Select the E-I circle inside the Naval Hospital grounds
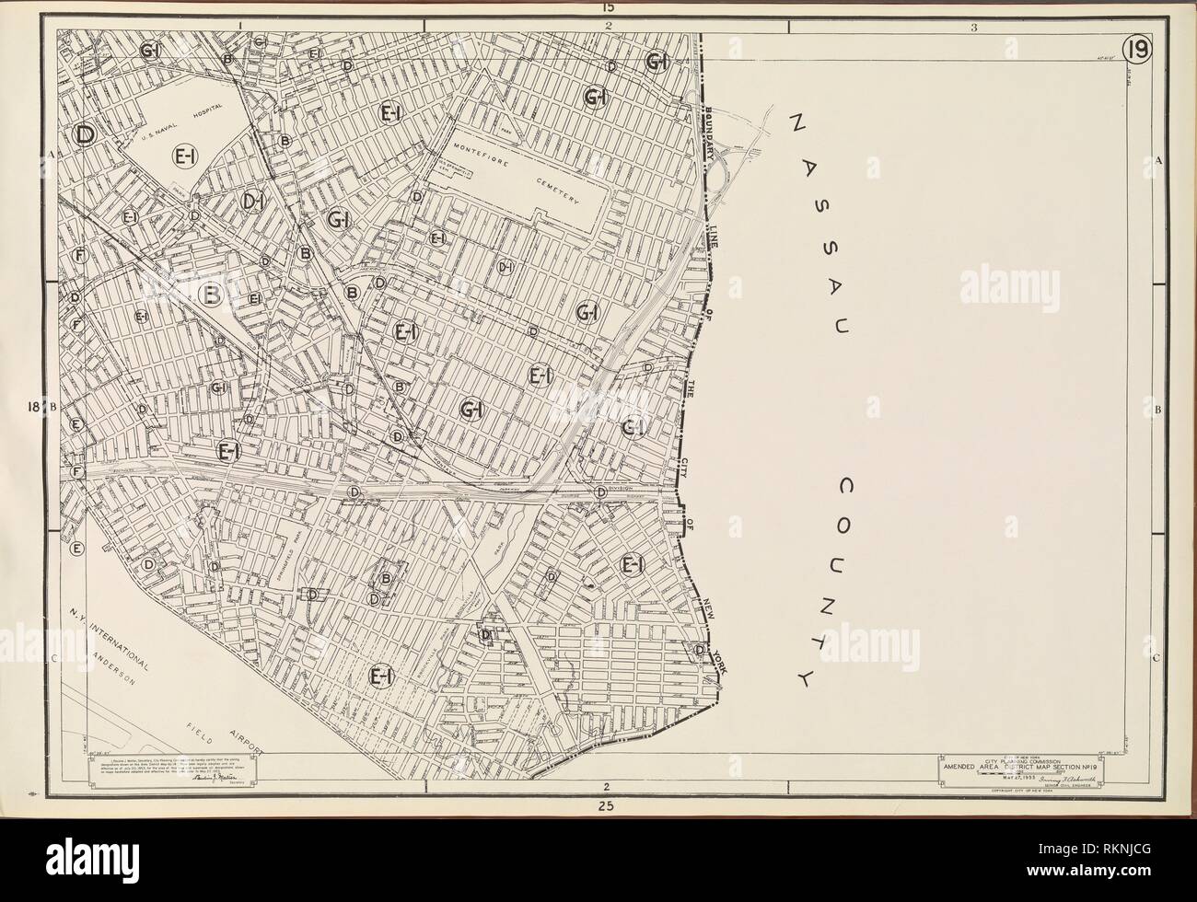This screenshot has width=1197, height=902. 183,158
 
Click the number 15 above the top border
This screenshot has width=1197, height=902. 607,7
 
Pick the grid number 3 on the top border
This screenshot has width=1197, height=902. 973,27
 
